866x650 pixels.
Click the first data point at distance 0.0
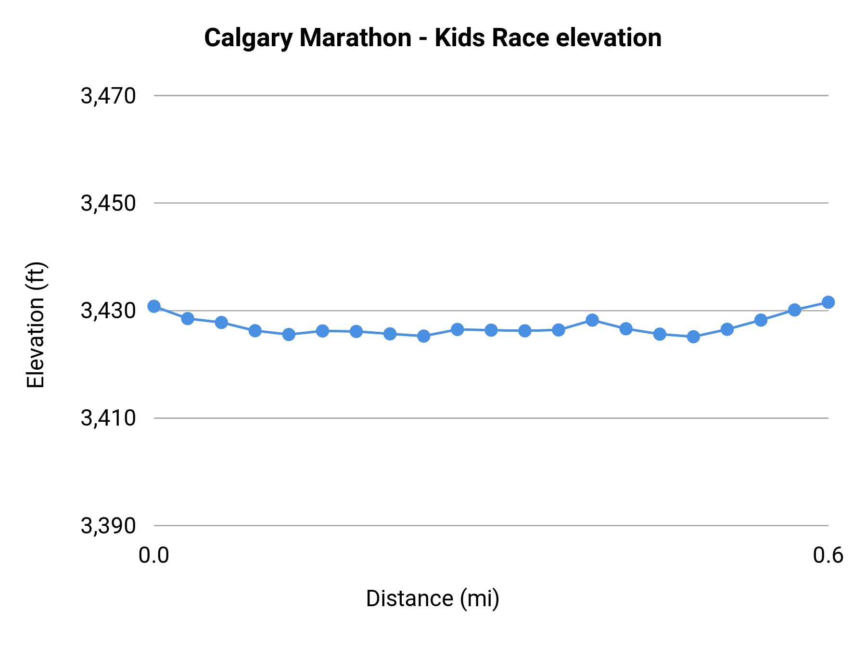pyautogui.click(x=154, y=306)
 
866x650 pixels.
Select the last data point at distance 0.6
pyautogui.click(x=828, y=302)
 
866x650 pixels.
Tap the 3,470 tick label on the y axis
pyautogui.click(x=108, y=96)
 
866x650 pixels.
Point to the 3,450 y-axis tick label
pyautogui.click(x=108, y=204)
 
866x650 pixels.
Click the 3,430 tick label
pyautogui.click(x=108, y=311)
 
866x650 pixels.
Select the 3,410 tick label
pyautogui.click(x=108, y=418)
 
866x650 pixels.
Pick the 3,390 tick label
pyautogui.click(x=108, y=526)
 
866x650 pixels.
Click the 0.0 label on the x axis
pyautogui.click(x=154, y=555)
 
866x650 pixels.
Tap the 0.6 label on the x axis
pyautogui.click(x=828, y=555)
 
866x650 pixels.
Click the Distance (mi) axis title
pyautogui.click(x=433, y=598)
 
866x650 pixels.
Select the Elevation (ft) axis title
pyautogui.click(x=36, y=325)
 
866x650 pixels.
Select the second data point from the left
pyautogui.click(x=188, y=318)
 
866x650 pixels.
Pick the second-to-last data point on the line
pyautogui.click(x=794, y=310)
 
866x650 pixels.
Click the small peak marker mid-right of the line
pyautogui.click(x=592, y=320)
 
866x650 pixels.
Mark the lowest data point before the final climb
pyautogui.click(x=693, y=337)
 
